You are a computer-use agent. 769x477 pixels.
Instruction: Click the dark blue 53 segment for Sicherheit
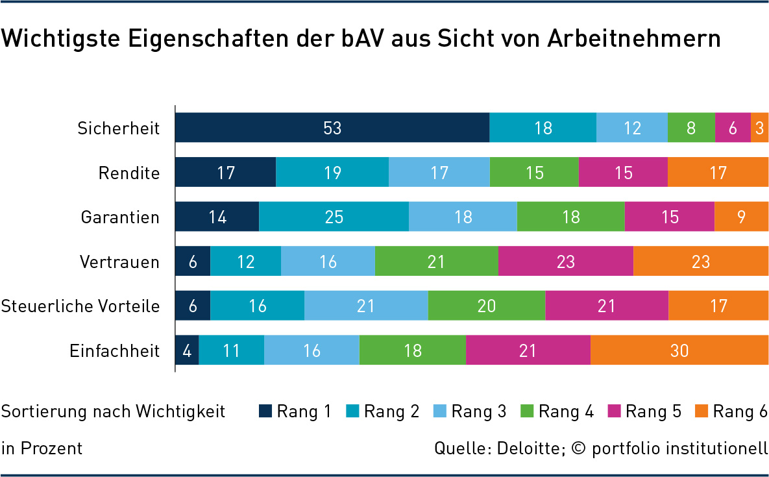[x=332, y=128]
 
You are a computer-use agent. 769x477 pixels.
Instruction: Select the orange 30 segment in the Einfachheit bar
[x=679, y=350]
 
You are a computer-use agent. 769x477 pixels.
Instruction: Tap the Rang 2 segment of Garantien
[x=334, y=217]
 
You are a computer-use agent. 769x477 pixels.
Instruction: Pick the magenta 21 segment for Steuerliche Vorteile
[x=607, y=306]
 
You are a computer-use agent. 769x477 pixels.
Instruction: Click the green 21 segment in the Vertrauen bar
[x=436, y=262]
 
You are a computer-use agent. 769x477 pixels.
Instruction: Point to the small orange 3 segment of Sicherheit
[x=759, y=128]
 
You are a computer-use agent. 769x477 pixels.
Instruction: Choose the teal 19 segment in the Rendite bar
[x=332, y=173]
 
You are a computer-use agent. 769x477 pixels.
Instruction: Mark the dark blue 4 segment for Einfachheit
[x=187, y=350]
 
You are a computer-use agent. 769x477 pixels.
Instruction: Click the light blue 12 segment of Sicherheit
[x=631, y=128]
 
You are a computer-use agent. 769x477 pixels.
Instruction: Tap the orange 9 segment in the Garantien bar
[x=741, y=217]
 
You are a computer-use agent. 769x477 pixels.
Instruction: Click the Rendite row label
[x=128, y=173]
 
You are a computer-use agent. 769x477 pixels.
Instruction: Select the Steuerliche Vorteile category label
[x=80, y=306]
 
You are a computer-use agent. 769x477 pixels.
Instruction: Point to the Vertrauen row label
[x=119, y=262]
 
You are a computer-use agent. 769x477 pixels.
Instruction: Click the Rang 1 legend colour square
[x=265, y=411]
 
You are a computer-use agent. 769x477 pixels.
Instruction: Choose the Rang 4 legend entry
[x=557, y=411]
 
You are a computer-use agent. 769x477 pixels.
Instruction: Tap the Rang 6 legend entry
[x=732, y=411]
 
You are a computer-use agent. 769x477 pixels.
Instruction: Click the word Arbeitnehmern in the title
[x=634, y=38]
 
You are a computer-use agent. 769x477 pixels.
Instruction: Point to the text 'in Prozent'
[x=42, y=448]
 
